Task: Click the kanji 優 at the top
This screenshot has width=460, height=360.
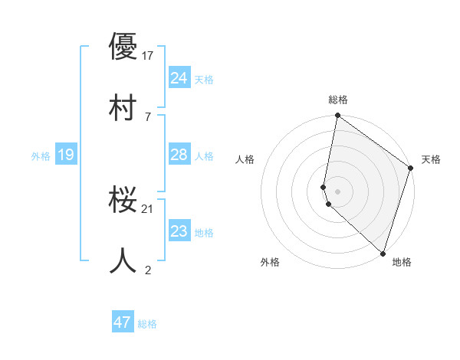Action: point(123,47)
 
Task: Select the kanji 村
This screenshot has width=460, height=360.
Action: point(123,105)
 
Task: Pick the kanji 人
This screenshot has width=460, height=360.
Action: point(123,260)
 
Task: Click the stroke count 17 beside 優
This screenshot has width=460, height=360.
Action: point(148,55)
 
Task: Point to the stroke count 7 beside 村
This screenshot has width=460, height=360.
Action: point(147,115)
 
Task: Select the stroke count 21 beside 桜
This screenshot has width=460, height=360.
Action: point(148,208)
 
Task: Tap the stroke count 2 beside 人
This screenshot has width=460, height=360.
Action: point(147,269)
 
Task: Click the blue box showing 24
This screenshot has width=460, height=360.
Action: point(179,77)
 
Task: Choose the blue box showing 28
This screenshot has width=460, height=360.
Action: point(179,155)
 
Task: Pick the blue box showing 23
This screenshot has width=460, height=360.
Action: point(179,231)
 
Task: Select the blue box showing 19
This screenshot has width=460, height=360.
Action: point(65,155)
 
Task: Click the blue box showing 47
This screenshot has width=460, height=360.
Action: point(122,322)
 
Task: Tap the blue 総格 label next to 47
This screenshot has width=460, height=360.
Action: point(147,324)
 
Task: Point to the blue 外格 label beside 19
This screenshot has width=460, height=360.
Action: point(41,156)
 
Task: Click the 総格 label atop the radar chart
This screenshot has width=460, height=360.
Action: point(338,100)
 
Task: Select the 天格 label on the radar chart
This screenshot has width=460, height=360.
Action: point(431,159)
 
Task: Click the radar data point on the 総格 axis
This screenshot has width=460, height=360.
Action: point(337,116)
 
